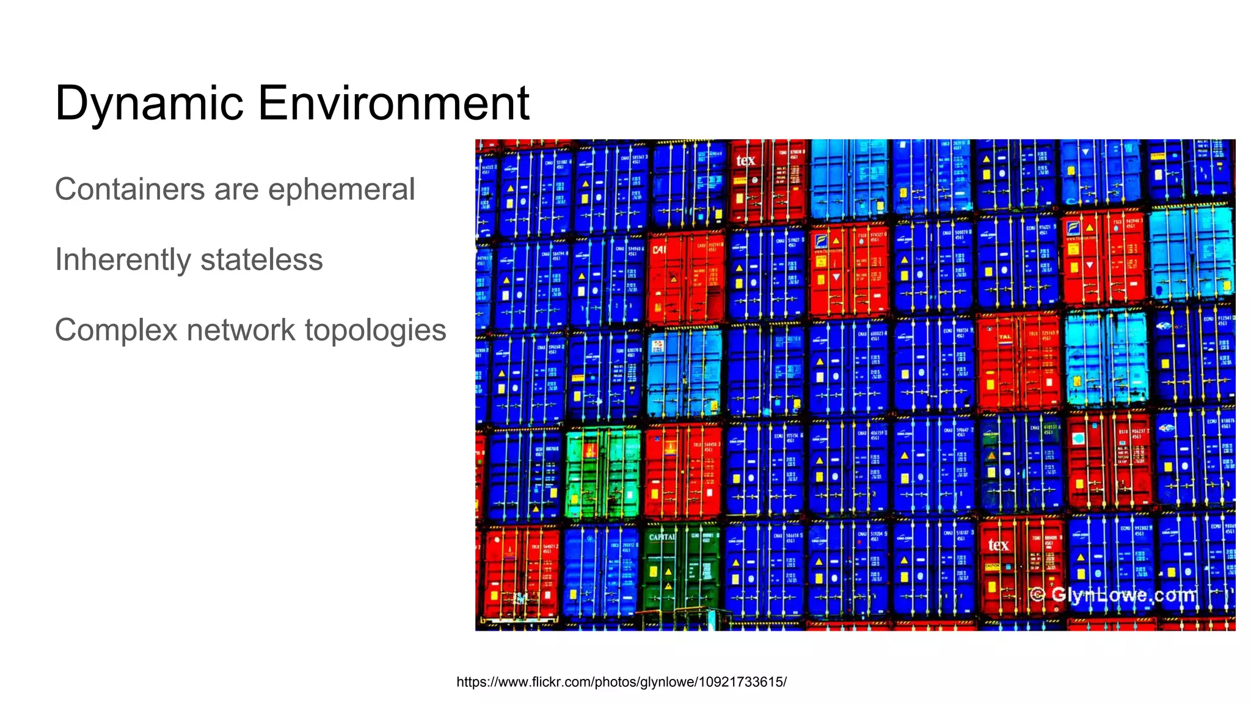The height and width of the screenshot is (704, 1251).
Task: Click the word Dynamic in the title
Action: [149, 103]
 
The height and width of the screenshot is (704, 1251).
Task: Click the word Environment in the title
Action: [393, 103]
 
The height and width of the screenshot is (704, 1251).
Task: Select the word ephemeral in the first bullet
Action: [341, 189]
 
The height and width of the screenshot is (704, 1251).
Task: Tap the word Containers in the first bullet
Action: [129, 189]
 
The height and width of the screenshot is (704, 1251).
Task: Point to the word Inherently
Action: [122, 260]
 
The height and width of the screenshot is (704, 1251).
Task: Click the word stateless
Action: [261, 260]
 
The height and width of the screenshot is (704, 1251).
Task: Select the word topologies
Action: [375, 330]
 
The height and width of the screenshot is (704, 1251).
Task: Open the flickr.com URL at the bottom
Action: [621, 682]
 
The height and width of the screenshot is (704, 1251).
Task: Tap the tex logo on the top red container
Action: [745, 161]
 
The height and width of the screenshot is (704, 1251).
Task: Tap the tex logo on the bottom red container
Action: [998, 544]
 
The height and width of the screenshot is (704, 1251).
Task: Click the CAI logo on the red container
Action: [659, 249]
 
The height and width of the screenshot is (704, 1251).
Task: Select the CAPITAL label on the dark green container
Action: [662, 537]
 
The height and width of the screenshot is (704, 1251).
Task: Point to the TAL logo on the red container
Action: [1005, 337]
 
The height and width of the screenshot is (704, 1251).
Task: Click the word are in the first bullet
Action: [236, 189]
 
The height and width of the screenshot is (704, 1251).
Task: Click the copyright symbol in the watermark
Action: [1037, 594]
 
